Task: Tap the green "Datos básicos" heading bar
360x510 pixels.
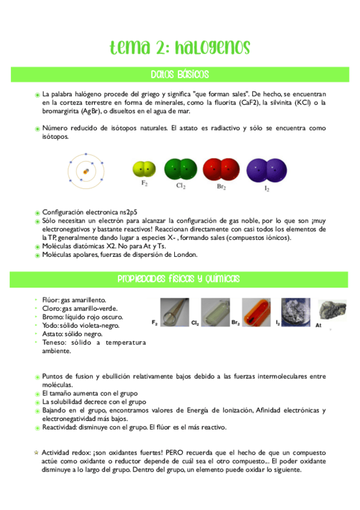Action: click(180, 75)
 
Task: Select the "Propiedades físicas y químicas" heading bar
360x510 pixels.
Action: click(180, 278)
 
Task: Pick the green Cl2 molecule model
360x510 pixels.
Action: click(180, 169)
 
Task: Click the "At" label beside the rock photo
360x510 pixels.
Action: click(319, 325)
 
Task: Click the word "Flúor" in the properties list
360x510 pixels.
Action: click(51, 299)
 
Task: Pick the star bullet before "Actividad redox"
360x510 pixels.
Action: click(36, 451)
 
